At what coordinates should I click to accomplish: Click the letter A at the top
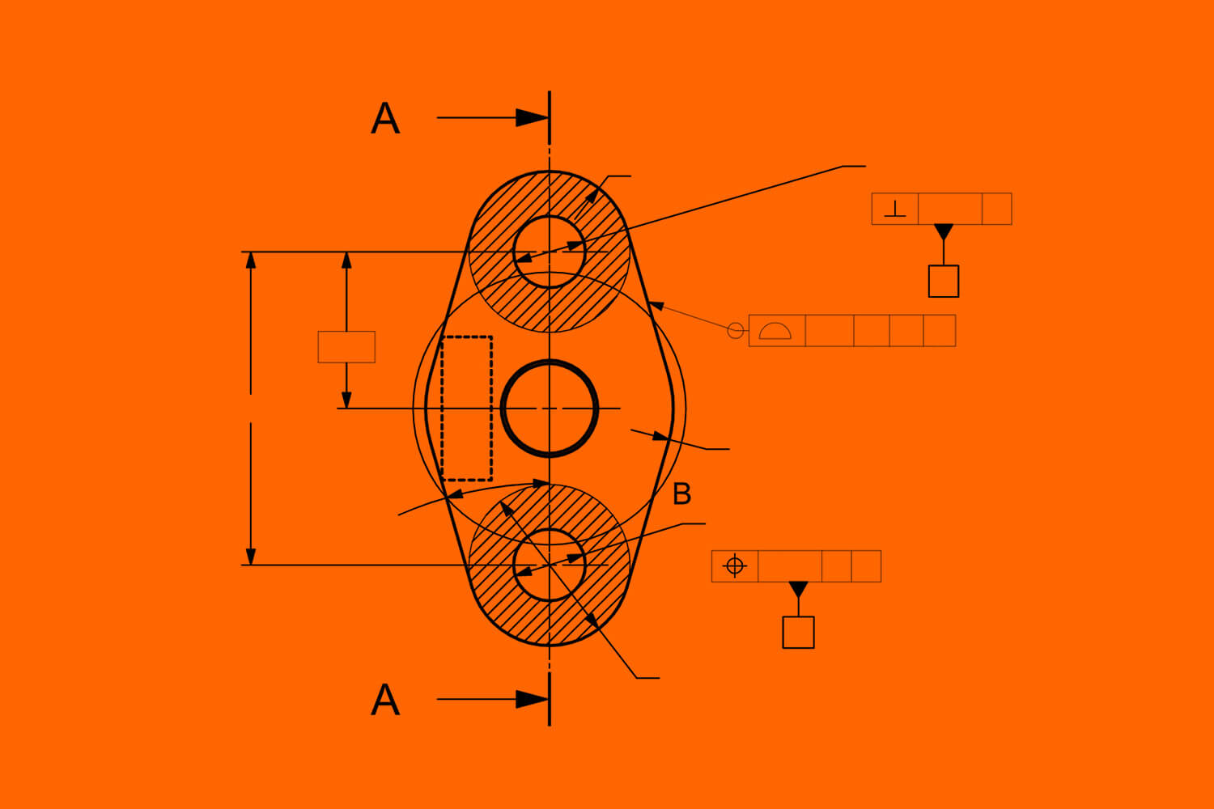coord(385,119)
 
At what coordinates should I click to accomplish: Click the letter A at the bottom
coord(385,700)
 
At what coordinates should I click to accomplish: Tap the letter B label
coord(682,493)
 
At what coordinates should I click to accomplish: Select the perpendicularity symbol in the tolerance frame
coord(894,209)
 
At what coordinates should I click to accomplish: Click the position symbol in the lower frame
coord(734,565)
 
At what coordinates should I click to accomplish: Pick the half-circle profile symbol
coord(775,330)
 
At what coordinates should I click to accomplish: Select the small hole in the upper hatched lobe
coord(550,252)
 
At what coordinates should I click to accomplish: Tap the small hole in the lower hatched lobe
coord(550,565)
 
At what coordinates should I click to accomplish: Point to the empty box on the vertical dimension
coord(346,347)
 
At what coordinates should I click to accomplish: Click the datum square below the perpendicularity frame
coord(944,281)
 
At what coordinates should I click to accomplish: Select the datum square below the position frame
coord(798,632)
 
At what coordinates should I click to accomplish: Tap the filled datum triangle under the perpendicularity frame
coord(944,231)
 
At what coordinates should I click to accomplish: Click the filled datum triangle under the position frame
coord(798,588)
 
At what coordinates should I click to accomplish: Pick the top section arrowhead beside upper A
coord(533,118)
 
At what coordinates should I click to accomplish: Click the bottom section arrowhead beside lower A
coord(533,699)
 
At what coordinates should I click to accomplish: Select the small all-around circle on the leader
coord(736,330)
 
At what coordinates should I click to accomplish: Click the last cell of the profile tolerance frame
coord(940,330)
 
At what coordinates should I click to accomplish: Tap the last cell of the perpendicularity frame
coord(996,209)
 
